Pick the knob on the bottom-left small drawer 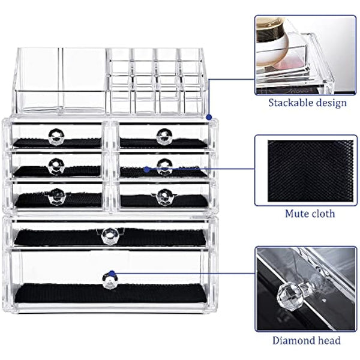pos(57,194)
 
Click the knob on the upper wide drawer pos(109,235)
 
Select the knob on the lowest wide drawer pos(109,280)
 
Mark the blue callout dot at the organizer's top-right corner pos(208,116)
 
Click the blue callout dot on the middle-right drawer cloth pos(146,169)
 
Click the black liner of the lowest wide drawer pos(109,295)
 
